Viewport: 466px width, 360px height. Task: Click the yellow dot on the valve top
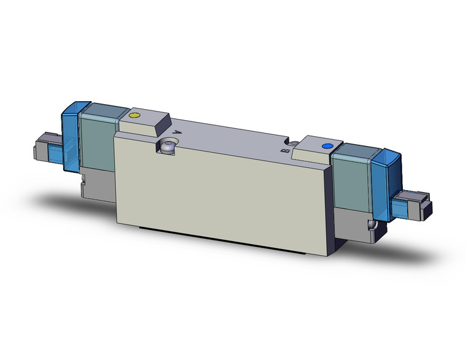pos(135,115)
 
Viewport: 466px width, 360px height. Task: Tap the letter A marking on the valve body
pos(178,131)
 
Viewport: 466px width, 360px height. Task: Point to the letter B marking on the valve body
pos(284,150)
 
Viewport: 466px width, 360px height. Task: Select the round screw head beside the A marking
pos(167,145)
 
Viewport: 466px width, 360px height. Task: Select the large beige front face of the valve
pos(221,190)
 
